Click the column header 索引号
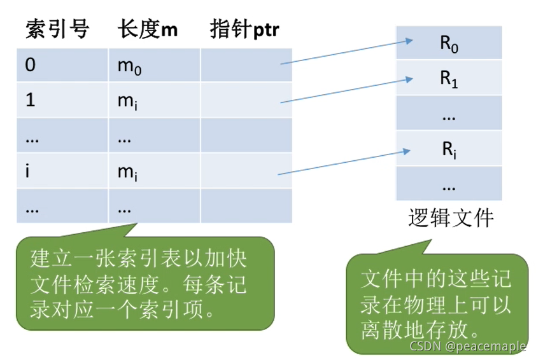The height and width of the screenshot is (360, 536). coord(57,29)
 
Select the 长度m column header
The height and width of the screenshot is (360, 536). coord(148,29)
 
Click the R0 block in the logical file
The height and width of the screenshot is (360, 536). coord(449,44)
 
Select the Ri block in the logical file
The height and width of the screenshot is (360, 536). coord(449,150)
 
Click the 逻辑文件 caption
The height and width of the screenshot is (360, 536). coord(451,218)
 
